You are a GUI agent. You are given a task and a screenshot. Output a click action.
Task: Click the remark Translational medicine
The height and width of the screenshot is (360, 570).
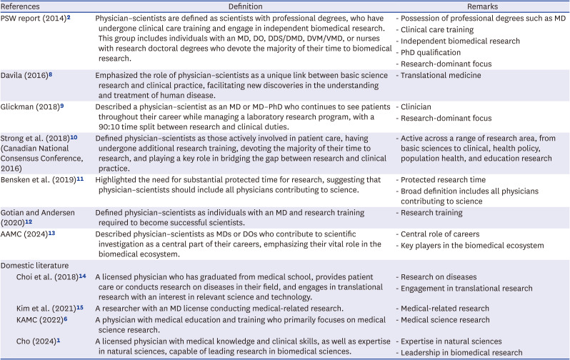(x=441, y=74)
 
